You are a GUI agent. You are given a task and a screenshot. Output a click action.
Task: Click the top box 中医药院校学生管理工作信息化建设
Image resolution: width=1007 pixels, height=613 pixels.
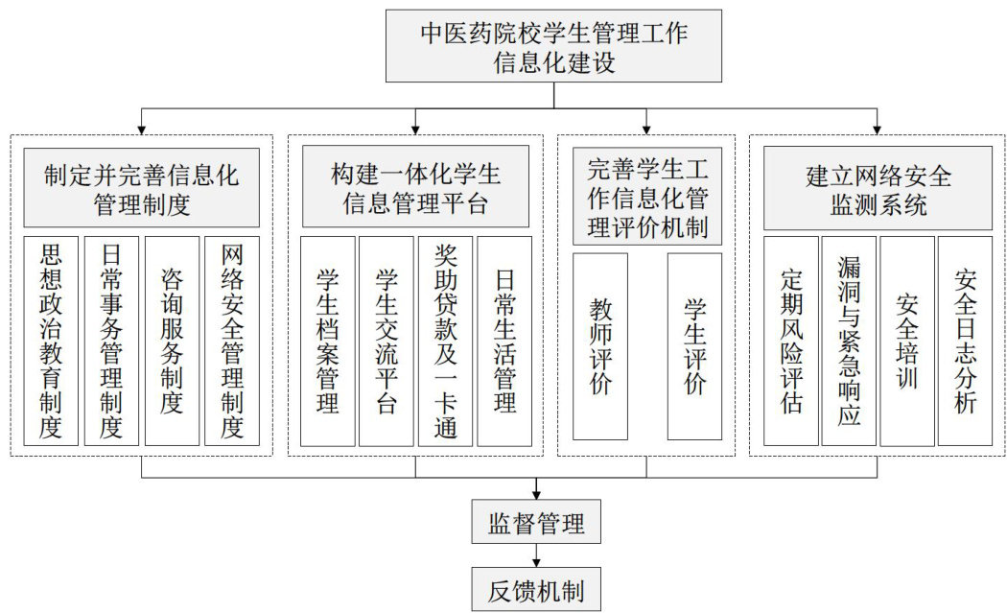[553, 45]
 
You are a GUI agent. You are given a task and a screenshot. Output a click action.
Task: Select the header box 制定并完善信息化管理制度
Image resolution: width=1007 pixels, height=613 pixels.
[141, 187]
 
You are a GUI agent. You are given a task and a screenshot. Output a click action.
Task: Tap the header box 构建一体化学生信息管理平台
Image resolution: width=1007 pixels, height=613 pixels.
[415, 187]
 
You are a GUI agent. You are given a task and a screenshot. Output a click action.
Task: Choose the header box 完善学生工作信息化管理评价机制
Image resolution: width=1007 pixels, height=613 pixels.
[646, 197]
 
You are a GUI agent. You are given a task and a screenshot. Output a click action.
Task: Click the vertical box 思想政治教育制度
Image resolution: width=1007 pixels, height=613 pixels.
[51, 341]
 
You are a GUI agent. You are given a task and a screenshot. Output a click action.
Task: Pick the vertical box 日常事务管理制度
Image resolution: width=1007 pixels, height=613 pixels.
[111, 341]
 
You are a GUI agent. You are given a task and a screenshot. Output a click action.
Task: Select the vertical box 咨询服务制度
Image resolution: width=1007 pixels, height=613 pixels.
[172, 341]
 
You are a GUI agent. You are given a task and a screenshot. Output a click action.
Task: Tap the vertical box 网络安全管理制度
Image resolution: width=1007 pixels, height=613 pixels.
[232, 341]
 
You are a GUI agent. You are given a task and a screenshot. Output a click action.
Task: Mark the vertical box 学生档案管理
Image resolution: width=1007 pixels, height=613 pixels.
[328, 341]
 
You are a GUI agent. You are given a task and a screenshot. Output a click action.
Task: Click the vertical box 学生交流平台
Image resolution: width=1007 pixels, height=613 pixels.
[386, 341]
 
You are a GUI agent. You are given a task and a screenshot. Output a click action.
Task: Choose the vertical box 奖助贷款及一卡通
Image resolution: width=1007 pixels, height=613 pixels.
[446, 341]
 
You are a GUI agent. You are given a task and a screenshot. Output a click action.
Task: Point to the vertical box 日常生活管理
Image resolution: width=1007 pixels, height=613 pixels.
[504, 341]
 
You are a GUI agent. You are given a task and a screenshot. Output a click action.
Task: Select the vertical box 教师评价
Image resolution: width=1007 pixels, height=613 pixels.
[600, 346]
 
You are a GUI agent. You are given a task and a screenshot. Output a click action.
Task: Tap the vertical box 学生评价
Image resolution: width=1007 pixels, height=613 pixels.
[694, 346]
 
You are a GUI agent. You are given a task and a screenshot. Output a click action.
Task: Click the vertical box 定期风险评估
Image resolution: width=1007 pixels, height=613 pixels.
[791, 341]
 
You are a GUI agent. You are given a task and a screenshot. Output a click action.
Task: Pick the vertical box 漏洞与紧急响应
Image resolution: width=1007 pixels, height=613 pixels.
[849, 341]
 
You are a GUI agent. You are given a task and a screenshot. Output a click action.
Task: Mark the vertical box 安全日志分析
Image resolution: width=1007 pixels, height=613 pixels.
[965, 341]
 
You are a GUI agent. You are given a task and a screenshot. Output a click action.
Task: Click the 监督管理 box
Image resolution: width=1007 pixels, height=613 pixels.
[536, 523]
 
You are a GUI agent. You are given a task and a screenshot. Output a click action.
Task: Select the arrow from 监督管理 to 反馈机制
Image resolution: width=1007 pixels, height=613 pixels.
[536, 555]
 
